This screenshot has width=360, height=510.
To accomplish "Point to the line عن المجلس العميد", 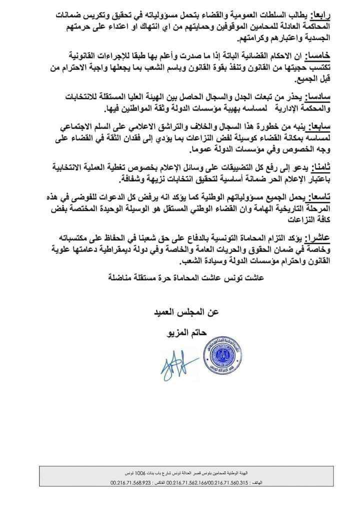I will [184, 313].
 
